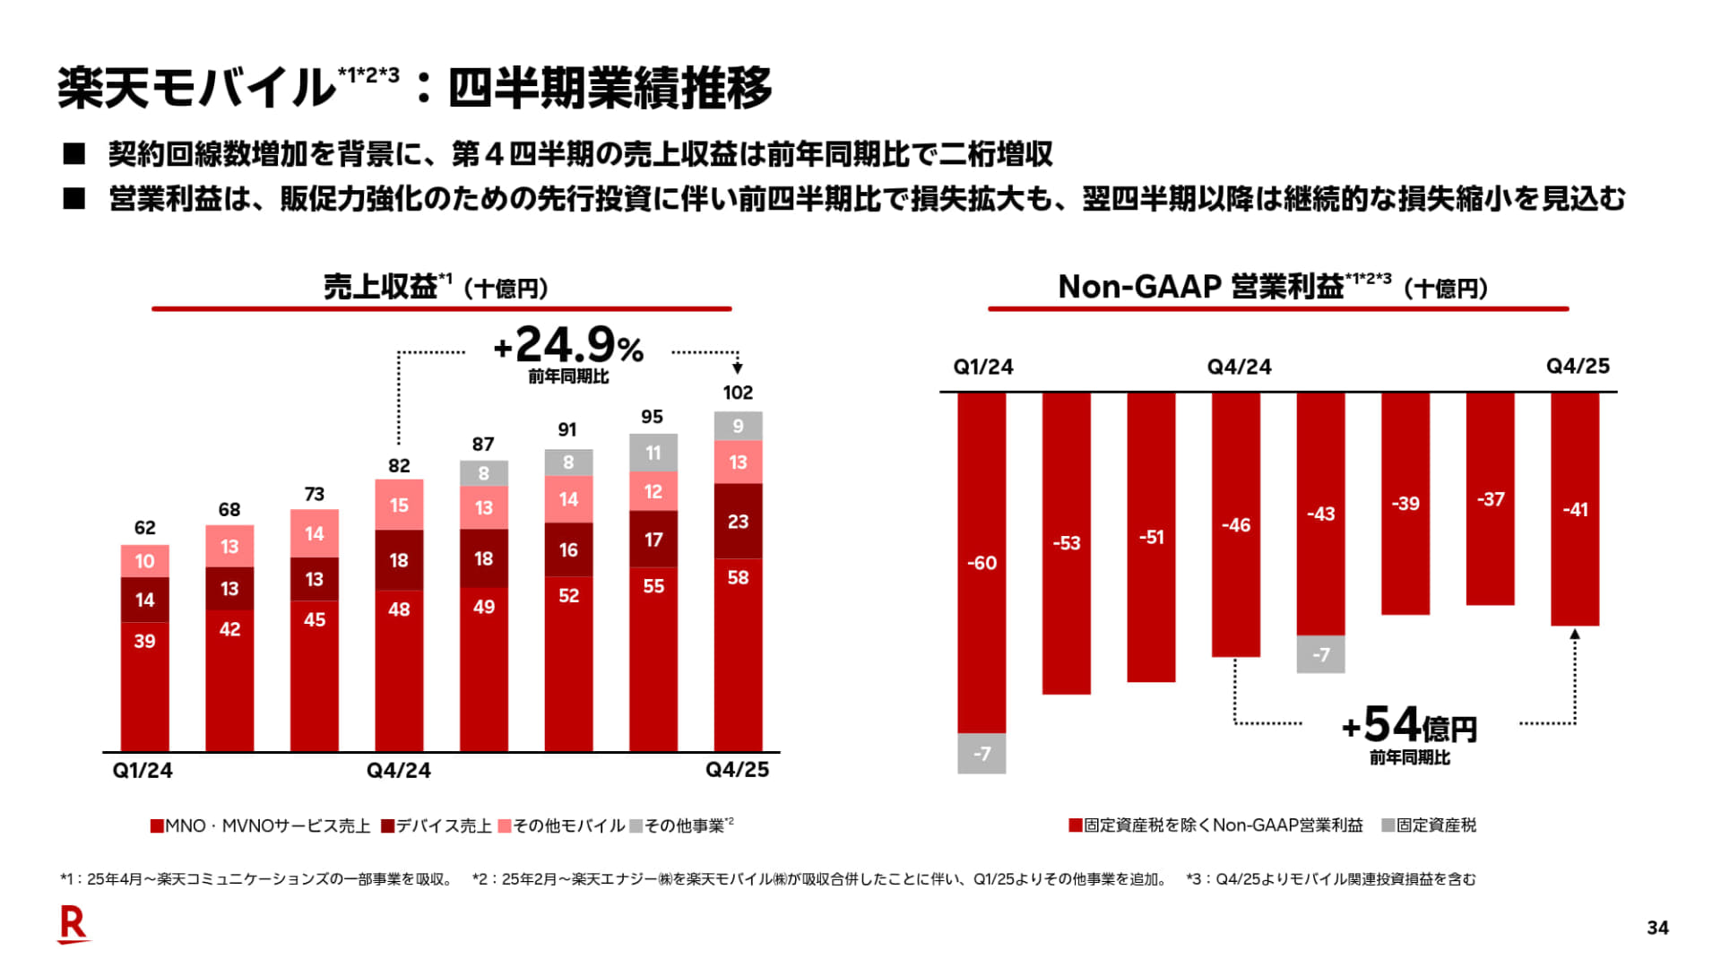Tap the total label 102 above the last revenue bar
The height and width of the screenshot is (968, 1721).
(738, 393)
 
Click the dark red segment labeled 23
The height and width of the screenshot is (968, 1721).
(738, 522)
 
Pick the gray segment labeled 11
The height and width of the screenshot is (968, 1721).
(653, 454)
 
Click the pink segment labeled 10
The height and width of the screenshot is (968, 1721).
(144, 561)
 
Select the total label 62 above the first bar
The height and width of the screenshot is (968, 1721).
(144, 528)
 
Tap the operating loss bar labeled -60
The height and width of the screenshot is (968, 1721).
(982, 563)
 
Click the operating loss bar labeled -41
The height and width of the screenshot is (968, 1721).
(1575, 509)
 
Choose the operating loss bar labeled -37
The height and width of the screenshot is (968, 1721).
(1490, 499)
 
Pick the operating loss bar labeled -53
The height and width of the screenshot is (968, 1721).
(1067, 543)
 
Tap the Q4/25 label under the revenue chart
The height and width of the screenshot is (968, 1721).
(737, 770)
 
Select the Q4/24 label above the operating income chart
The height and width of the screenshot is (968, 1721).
(1239, 367)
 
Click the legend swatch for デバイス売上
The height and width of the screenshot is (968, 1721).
(387, 825)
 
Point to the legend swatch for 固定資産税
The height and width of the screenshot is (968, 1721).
(1388, 825)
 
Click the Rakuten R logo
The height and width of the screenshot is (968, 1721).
(73, 924)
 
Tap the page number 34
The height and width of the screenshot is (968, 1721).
(1657, 929)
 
